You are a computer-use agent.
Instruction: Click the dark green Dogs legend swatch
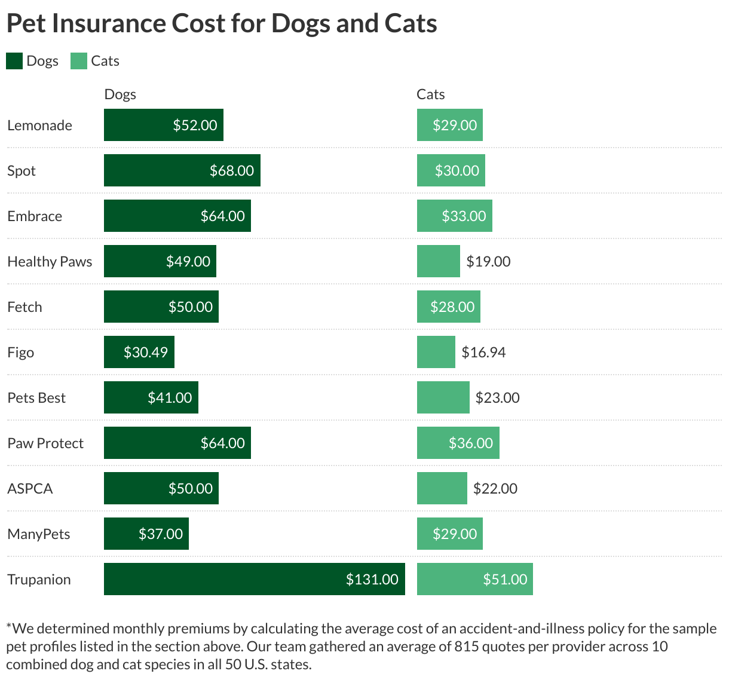pos(14,61)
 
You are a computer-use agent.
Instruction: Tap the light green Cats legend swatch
pos(79,61)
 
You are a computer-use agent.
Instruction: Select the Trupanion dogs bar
pos(254,579)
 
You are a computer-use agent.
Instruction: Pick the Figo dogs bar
pos(139,352)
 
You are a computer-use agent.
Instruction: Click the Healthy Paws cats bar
pos(438,261)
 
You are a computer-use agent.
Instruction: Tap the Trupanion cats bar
pos(474,579)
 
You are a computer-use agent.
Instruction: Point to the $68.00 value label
pos(232,171)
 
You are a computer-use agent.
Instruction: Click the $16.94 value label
pos(483,353)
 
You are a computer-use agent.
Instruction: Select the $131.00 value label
pos(372,580)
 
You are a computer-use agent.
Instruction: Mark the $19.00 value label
pos(488,262)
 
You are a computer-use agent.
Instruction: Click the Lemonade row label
pos(39,125)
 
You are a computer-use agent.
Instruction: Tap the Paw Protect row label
pos(45,443)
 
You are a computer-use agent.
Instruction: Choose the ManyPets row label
pos(39,534)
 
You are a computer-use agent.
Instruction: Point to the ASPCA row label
pos(30,489)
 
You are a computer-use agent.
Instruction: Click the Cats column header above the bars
pos(430,94)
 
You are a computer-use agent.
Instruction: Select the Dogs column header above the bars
pos(120,94)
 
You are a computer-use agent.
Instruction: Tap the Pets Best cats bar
pos(443,397)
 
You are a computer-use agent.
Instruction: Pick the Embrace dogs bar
pos(177,216)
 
